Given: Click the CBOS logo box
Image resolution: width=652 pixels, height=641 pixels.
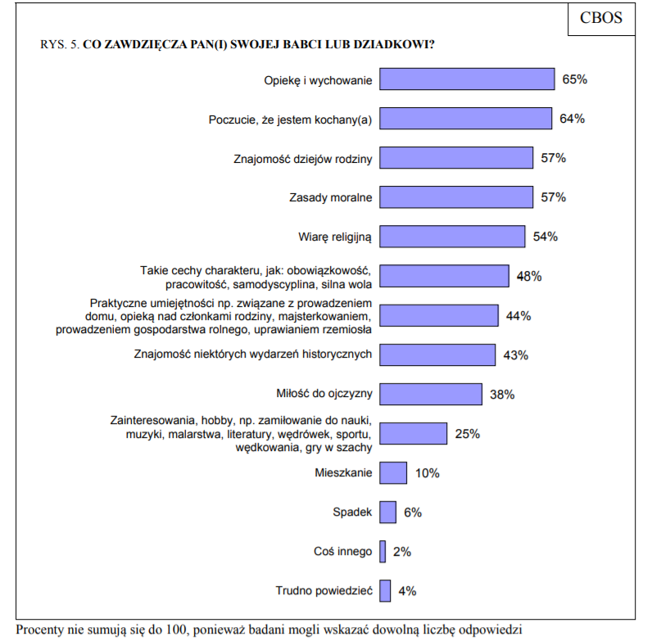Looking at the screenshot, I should pyautogui.click(x=601, y=18).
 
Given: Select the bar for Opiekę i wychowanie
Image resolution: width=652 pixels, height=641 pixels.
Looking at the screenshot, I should pyautogui.click(x=467, y=79).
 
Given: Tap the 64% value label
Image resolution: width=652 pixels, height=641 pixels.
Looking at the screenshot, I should pyautogui.click(x=572, y=119).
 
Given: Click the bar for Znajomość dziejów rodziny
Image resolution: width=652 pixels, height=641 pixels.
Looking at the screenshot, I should pyautogui.click(x=456, y=158).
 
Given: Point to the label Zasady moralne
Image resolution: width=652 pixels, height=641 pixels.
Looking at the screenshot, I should pyautogui.click(x=331, y=197).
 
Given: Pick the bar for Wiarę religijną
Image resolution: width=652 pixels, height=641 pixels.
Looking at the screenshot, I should pyautogui.click(x=452, y=237).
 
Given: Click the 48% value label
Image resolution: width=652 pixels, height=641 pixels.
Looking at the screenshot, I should pyautogui.click(x=529, y=276).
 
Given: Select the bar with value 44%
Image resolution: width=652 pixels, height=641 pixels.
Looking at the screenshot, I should pyautogui.click(x=439, y=315).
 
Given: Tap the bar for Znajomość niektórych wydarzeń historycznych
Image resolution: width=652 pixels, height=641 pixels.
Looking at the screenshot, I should pyautogui.click(x=437, y=354).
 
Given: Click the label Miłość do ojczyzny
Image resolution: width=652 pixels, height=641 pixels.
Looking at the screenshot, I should pyautogui.click(x=326, y=394).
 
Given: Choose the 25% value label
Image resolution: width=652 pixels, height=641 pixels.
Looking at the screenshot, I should pyautogui.click(x=467, y=433).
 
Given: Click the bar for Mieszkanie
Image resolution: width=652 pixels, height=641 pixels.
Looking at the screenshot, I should pyautogui.click(x=393, y=472).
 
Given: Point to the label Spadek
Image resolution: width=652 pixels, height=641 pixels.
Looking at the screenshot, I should pyautogui.click(x=352, y=512).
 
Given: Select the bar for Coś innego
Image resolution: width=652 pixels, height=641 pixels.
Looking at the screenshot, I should pyautogui.click(x=383, y=552).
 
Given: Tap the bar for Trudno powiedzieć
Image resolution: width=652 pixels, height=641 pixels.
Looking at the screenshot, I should pyautogui.click(x=385, y=591).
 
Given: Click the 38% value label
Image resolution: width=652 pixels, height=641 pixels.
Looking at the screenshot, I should pyautogui.click(x=501, y=395).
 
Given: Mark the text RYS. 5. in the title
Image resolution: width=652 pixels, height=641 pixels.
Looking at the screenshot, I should pyautogui.click(x=60, y=44).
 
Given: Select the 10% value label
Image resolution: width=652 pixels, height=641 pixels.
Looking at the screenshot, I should pyautogui.click(x=428, y=473).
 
